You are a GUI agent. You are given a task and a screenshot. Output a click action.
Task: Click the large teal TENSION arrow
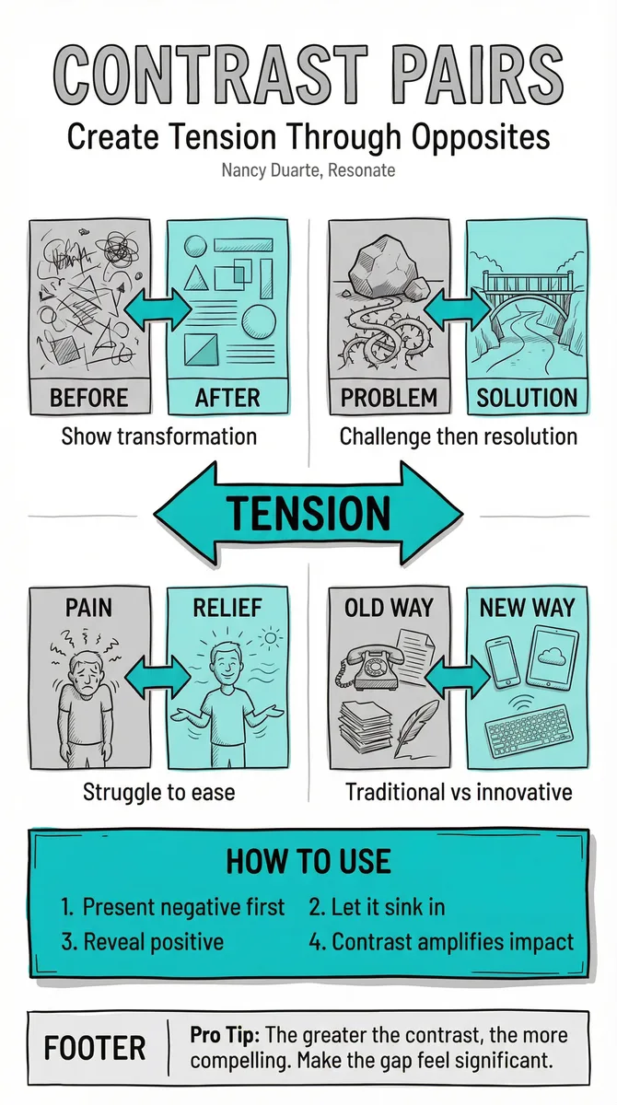coord(308,513)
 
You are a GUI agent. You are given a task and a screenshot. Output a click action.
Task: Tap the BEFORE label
coord(88,398)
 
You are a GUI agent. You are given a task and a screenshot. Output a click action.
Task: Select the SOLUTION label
coord(527,398)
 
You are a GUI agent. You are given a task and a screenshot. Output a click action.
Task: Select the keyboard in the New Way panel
coord(530,731)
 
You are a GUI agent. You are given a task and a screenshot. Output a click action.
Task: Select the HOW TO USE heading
coord(308,861)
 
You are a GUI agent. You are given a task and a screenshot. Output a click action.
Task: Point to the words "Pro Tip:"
coord(225,1035)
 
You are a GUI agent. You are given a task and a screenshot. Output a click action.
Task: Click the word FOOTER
coord(95,1048)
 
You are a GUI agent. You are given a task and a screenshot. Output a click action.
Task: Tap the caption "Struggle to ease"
coord(158,792)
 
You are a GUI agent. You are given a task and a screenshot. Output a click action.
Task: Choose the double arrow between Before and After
coord(157,309)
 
